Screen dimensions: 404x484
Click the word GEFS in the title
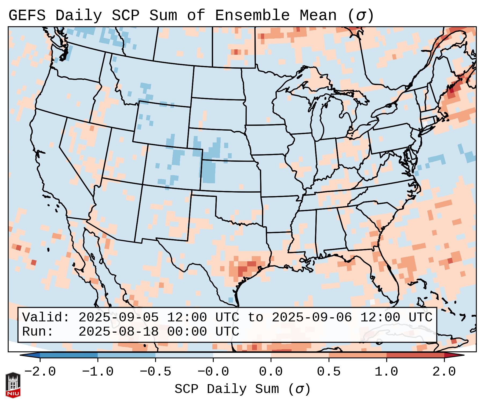pyautogui.click(x=27, y=16)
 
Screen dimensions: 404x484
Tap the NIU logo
pyautogui.click(x=13, y=385)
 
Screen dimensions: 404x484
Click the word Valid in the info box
pyautogui.click(x=45, y=318)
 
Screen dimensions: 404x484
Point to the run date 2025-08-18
pyautogui.click(x=118, y=332)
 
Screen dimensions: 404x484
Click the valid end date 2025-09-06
pyautogui.click(x=311, y=318)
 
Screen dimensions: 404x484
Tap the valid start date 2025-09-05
pyautogui.click(x=118, y=318)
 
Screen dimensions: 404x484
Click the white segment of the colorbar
pyautogui.click(x=242, y=355)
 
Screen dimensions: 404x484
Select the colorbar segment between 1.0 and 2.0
pyautogui.click(x=415, y=355)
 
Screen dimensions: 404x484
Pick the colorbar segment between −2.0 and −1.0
pyautogui.click(x=69, y=355)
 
